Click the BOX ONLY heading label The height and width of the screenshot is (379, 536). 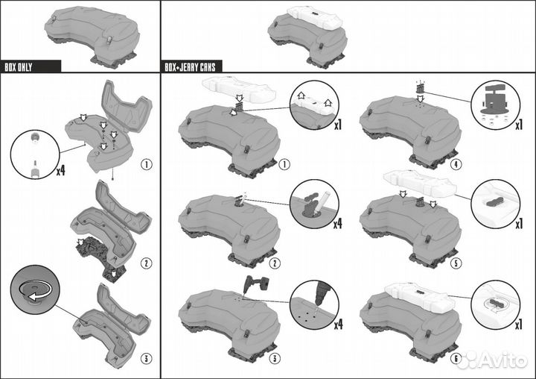tap(19, 67)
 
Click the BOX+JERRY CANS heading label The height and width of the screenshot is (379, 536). tap(190, 67)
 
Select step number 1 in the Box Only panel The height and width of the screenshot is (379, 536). tap(147, 164)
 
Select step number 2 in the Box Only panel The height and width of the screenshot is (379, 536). tap(147, 263)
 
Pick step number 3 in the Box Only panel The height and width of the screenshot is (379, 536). tap(147, 359)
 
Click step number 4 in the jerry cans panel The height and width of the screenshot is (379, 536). tap(456, 164)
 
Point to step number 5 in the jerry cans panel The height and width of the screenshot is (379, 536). tap(456, 263)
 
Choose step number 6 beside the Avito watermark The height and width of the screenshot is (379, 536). tap(456, 359)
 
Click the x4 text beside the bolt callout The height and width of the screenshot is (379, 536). tap(61, 170)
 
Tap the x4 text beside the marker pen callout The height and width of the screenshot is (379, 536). tap(338, 224)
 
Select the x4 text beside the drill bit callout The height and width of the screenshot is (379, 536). tap(338, 325)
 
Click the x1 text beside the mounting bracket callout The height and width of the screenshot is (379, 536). tap(519, 125)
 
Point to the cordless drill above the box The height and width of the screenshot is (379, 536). tap(255, 284)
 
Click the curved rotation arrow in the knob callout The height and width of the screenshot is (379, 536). tap(36, 291)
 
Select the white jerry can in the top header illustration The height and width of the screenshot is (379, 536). tap(315, 16)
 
